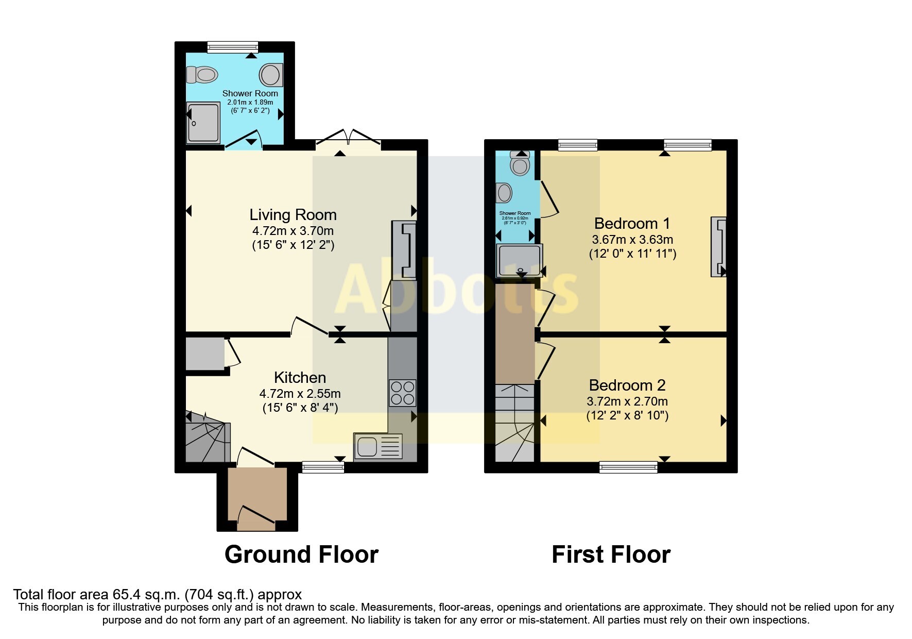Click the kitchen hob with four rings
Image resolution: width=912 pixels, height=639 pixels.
click(x=402, y=393)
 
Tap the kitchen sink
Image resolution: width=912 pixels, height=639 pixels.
click(x=378, y=446)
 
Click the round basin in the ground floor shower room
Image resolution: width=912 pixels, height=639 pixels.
click(x=271, y=75)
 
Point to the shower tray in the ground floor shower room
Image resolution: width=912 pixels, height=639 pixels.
click(x=203, y=123)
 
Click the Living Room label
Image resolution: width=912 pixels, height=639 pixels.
click(x=292, y=215)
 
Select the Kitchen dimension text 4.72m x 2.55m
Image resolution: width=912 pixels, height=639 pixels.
click(x=300, y=394)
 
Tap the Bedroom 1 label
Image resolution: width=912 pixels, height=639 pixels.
click(x=632, y=224)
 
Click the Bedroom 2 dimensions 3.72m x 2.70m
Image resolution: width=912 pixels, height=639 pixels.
click(x=627, y=401)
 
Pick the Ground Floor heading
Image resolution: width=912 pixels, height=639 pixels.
click(x=301, y=554)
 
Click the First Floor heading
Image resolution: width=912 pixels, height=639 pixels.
click(x=611, y=554)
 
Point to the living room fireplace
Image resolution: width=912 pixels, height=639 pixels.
click(x=404, y=250)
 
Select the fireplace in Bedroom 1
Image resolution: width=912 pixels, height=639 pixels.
click(x=719, y=247)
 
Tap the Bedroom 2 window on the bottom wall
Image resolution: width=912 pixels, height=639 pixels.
click(x=628, y=467)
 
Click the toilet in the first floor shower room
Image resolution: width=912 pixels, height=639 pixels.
click(x=520, y=164)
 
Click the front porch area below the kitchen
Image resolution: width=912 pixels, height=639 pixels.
click(x=257, y=497)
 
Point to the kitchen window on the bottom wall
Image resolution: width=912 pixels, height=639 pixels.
click(x=323, y=467)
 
